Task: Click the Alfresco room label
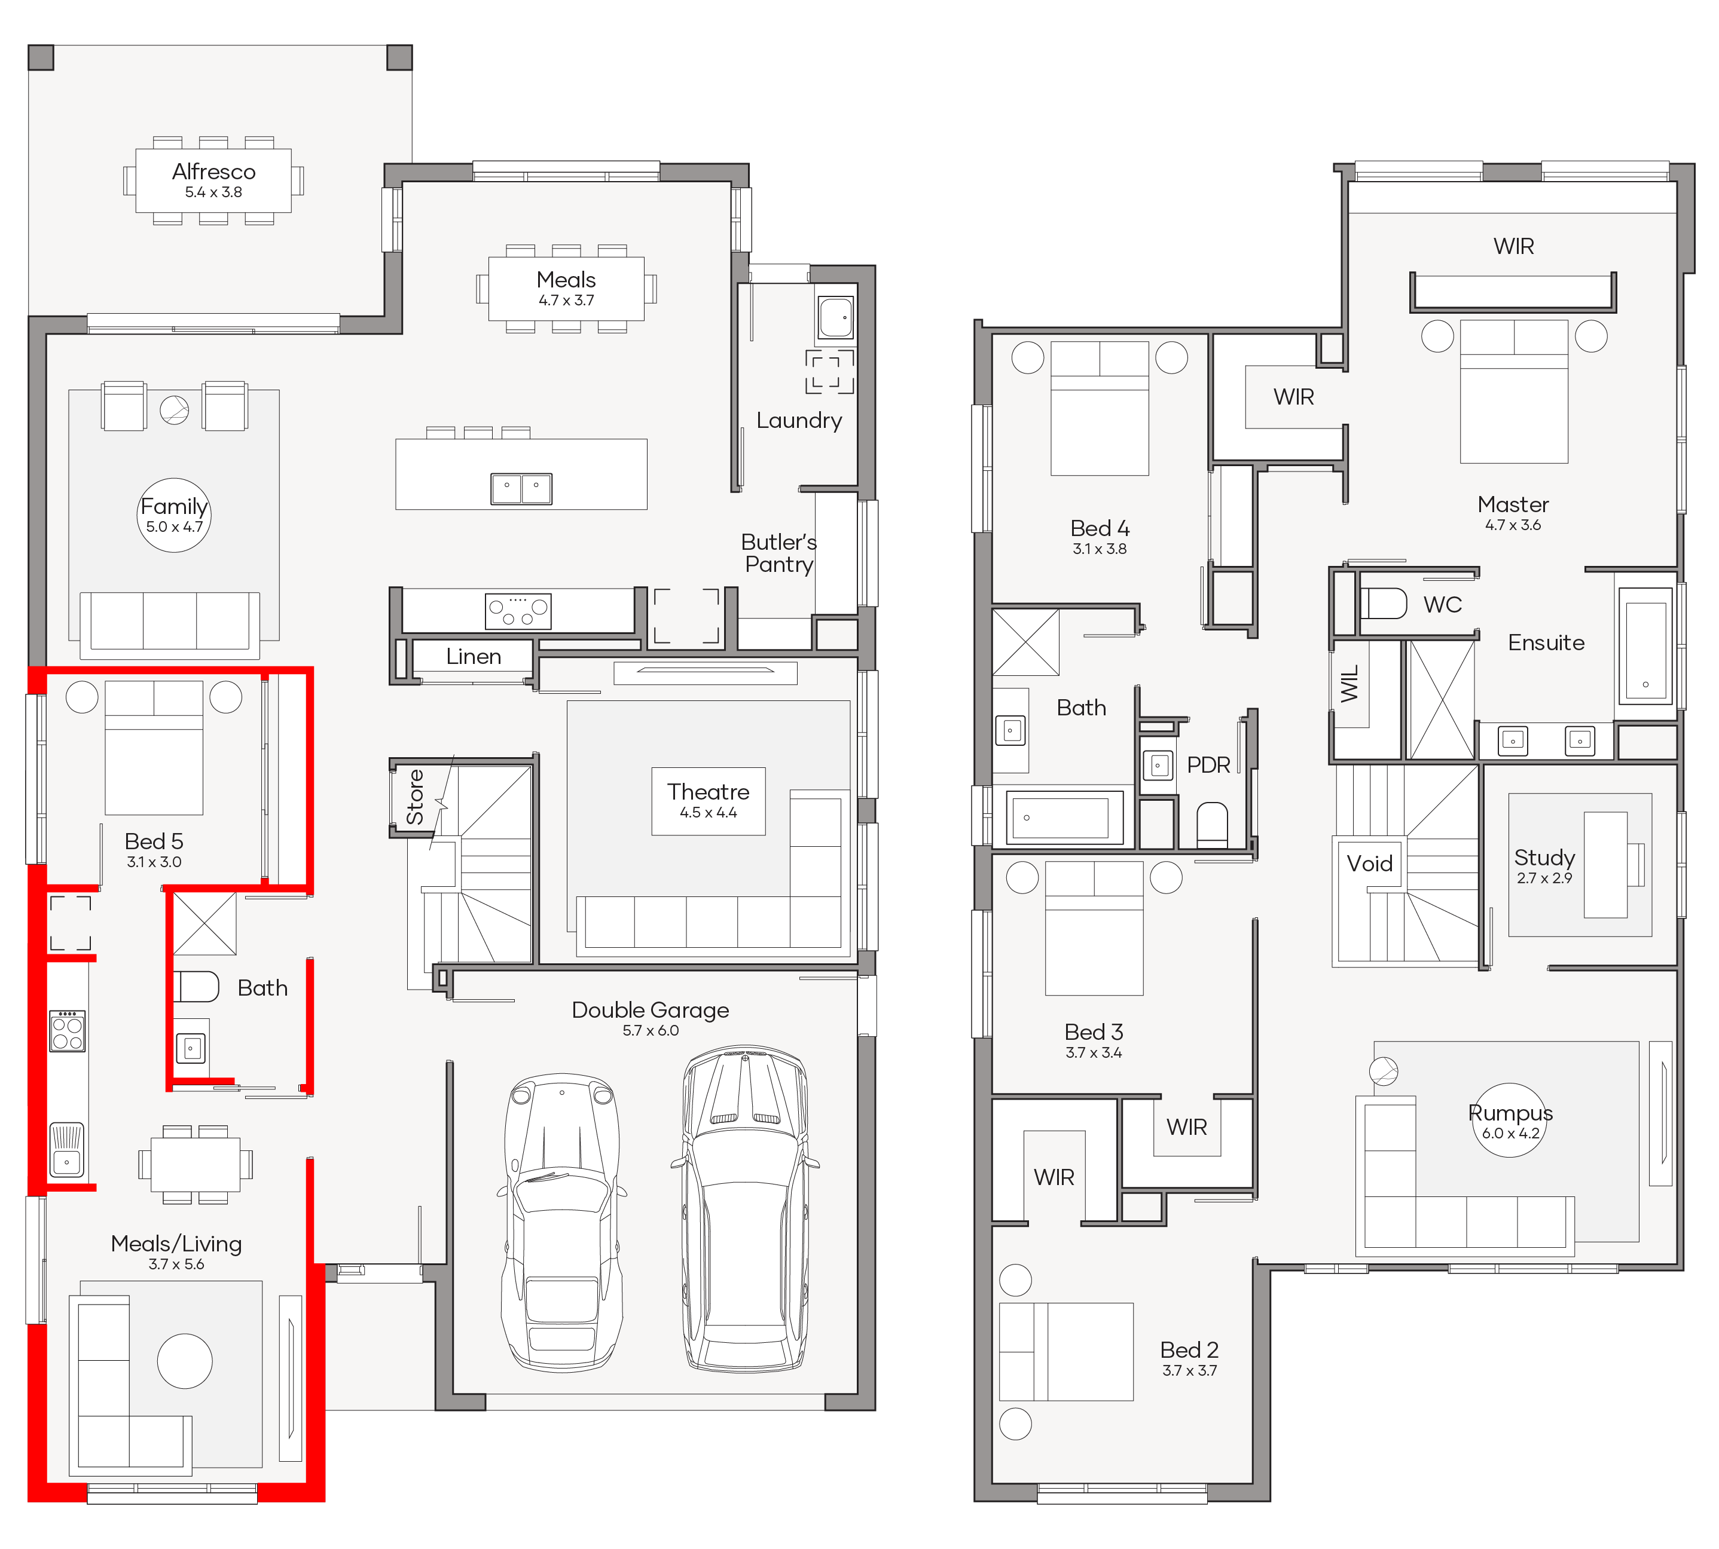pos(213,180)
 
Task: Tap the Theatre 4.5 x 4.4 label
pos(709,801)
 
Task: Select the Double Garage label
pos(651,1018)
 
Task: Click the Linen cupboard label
pos(474,656)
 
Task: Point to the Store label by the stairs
pos(414,797)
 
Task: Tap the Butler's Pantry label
pos(778,553)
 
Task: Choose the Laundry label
pos(799,421)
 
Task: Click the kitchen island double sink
pos(521,488)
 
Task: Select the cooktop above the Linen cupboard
pos(518,611)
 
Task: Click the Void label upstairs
pos(1369,864)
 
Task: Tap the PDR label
pos(1208,765)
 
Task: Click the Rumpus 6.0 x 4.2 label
pos(1510,1121)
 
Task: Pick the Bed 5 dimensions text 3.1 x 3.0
pos(154,862)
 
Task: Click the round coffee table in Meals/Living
pos(185,1361)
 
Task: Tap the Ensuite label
pos(1546,642)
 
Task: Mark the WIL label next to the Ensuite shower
pos(1349,684)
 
